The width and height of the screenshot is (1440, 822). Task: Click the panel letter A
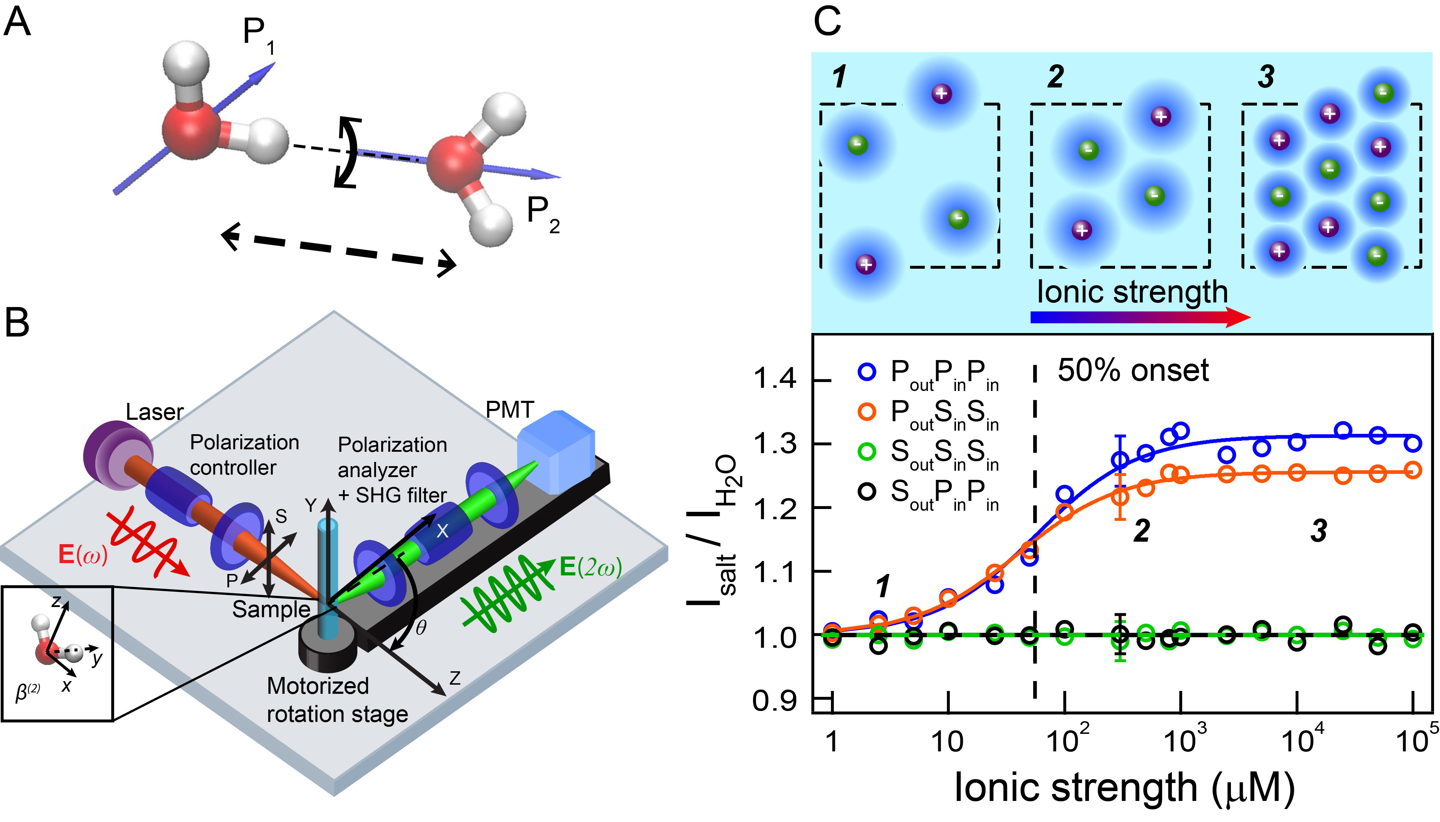tap(17, 22)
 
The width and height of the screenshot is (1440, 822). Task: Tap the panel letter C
tap(827, 22)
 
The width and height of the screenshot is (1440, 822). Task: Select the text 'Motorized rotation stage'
tap(337, 700)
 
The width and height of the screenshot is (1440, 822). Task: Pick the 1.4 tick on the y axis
tap(775, 378)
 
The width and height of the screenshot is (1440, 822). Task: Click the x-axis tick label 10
tap(947, 741)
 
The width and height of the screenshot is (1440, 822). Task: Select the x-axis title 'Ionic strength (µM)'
tap(1124, 788)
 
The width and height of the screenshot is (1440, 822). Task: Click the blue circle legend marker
tap(867, 372)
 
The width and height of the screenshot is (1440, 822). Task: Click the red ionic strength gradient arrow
tap(1141, 317)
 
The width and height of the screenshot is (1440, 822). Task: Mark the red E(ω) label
tap(83, 554)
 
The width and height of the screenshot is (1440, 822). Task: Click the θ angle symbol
tap(421, 627)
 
